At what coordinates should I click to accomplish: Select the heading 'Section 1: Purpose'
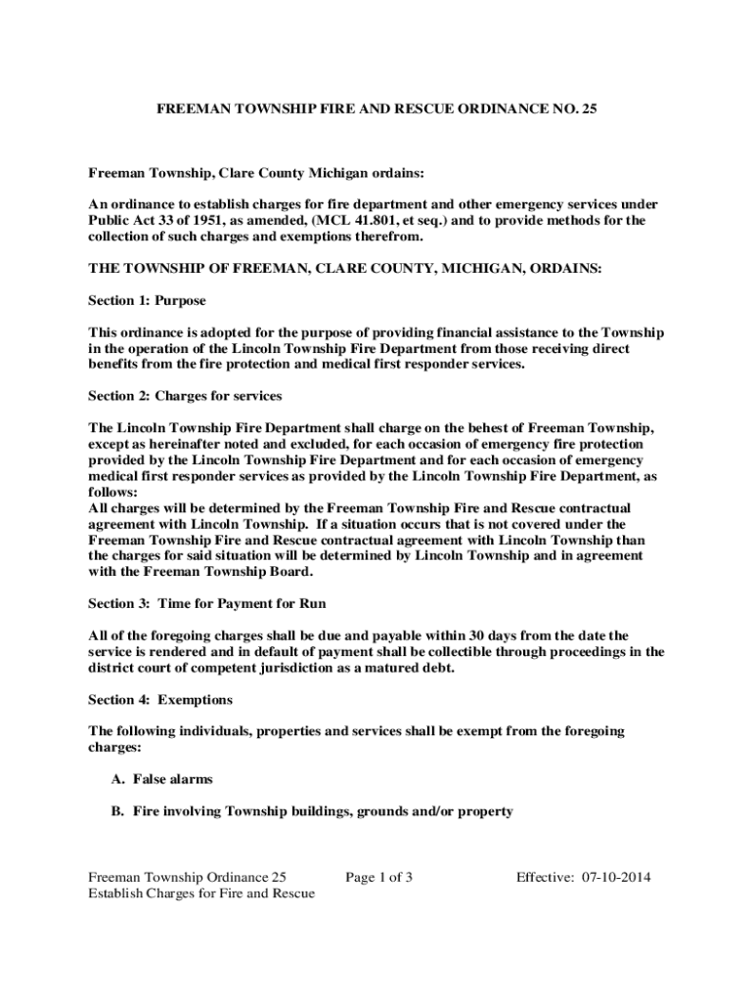tap(147, 300)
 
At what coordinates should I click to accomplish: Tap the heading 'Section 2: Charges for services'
tap(185, 396)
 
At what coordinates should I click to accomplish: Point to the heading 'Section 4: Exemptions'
tap(160, 699)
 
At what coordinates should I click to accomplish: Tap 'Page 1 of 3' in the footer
tap(378, 877)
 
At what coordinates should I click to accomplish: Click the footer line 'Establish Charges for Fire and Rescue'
tap(201, 893)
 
